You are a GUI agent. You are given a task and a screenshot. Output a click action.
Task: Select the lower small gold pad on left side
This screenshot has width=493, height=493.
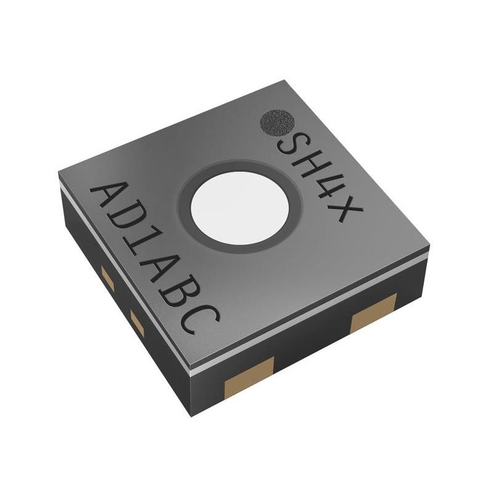point(137,323)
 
